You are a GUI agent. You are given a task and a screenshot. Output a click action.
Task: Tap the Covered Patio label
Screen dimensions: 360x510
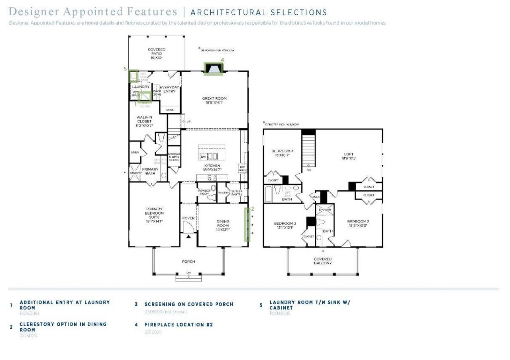(x=157, y=54)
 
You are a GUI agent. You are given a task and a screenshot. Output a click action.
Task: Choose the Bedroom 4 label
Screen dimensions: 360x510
(x=282, y=153)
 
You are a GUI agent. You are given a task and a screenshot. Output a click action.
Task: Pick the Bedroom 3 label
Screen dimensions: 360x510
(x=285, y=225)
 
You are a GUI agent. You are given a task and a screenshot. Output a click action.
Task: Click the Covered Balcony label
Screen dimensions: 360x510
(x=323, y=261)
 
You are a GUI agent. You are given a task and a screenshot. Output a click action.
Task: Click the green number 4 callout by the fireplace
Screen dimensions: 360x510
(x=222, y=60)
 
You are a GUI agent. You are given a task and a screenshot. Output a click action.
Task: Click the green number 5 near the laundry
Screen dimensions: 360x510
(x=125, y=68)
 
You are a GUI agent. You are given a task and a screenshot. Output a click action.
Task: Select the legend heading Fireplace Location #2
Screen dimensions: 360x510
(x=178, y=325)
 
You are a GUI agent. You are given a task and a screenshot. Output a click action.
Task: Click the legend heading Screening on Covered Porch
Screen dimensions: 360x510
(x=188, y=304)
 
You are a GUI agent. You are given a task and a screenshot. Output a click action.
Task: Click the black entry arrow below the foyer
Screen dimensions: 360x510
(x=188, y=237)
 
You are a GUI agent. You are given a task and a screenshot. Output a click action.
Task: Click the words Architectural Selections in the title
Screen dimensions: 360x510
(x=259, y=13)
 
